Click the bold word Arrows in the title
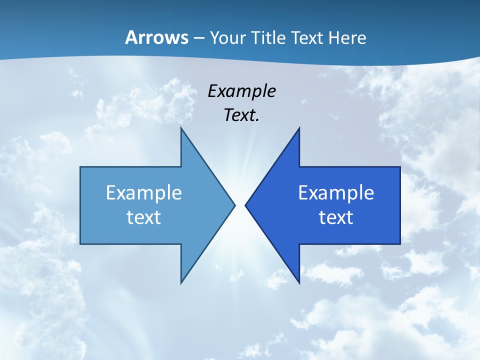pos(156,37)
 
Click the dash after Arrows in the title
pos(198,38)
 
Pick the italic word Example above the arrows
pos(241,91)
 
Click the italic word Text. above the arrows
pos(240,115)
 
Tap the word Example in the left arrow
pos(143,192)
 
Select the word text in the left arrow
pos(143,217)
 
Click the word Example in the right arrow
pos(336,192)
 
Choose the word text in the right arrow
pos(336,217)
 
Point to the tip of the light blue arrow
pos(234,205)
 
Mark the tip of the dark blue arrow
pos(246,205)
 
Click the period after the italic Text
pos(257,120)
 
